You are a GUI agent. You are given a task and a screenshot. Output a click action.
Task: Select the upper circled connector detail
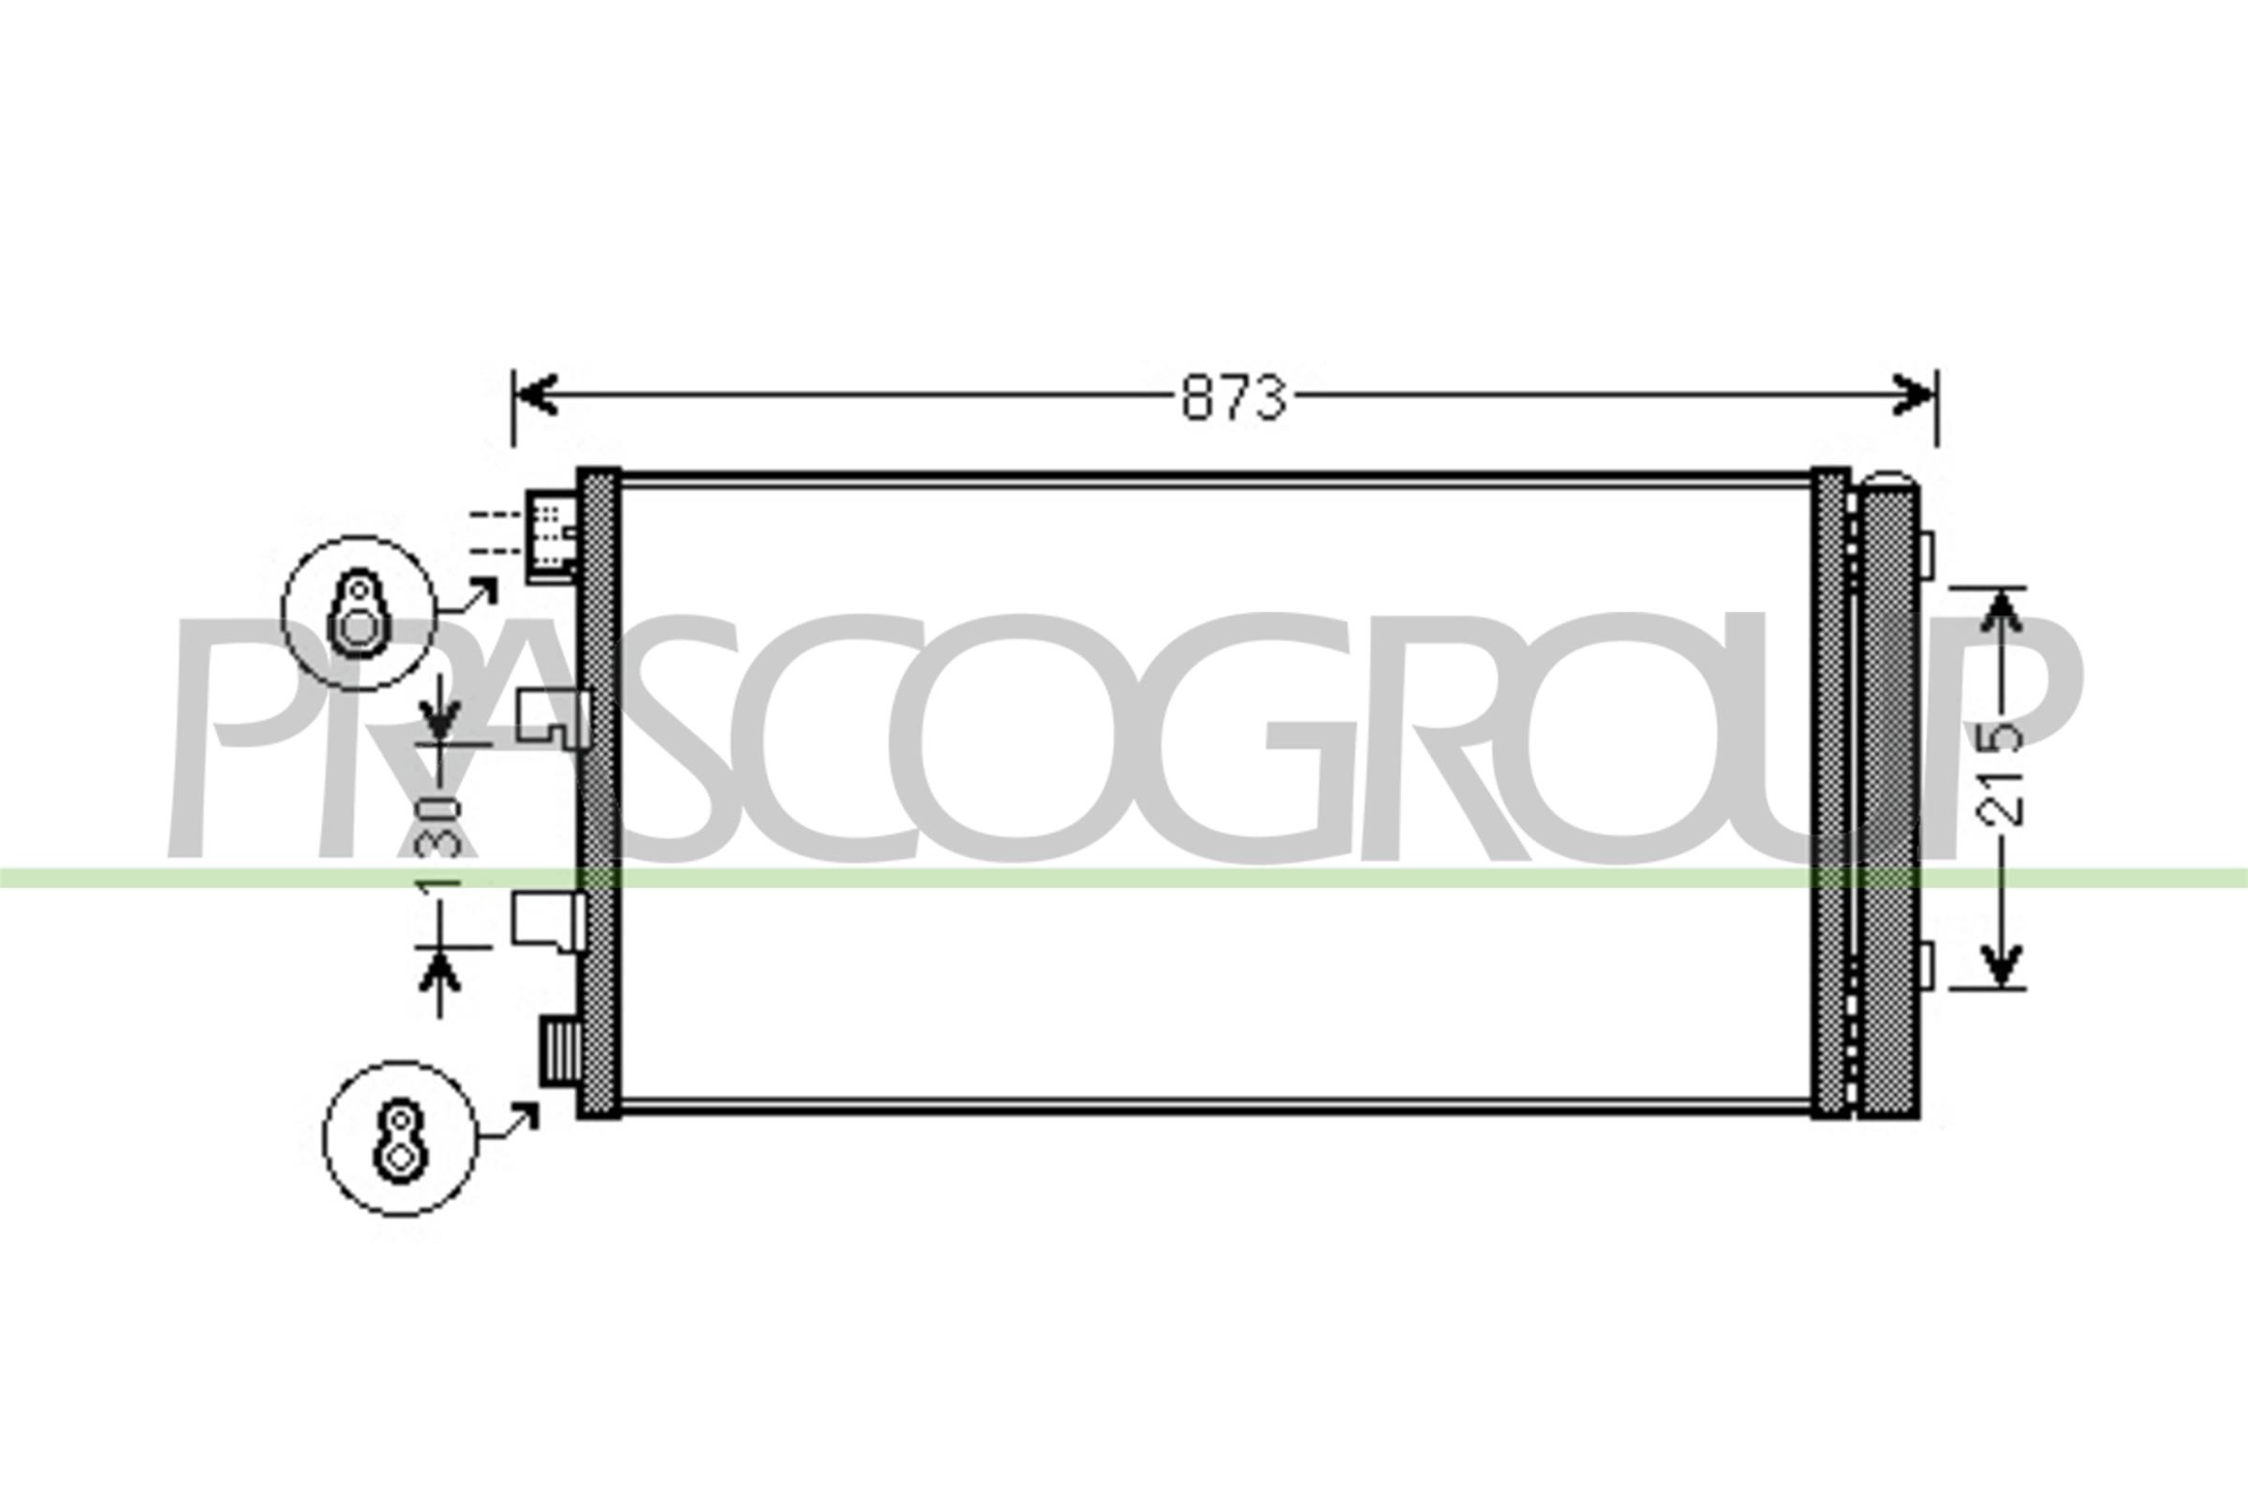pos(359,613)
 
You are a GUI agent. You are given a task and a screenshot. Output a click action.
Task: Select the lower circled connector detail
pos(401,1138)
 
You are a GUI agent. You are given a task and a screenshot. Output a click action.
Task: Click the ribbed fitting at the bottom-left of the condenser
pos(558,1050)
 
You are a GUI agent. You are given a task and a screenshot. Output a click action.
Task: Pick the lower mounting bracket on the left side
pos(550,922)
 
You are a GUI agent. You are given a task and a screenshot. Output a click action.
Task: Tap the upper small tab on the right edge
pos(1926,556)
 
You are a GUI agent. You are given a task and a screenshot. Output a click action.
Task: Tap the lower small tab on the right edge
pos(1926,966)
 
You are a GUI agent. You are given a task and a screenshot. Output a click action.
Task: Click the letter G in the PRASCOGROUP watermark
pos(1258,738)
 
